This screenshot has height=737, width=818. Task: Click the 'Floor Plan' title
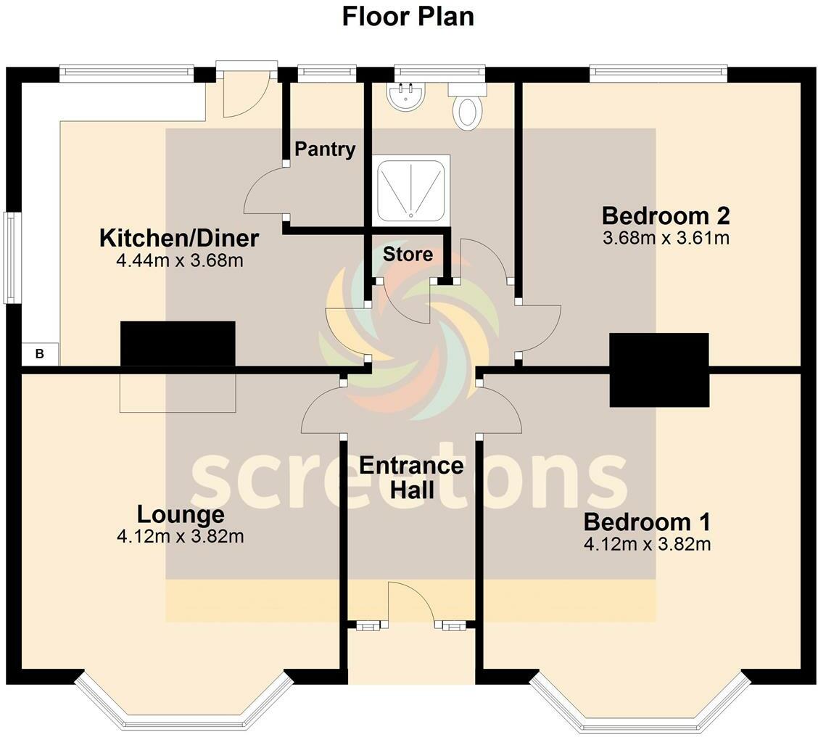point(408,16)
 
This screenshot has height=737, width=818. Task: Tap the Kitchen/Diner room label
point(179,238)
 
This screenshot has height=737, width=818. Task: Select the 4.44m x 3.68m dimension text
point(179,260)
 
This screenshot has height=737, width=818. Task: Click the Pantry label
point(325,149)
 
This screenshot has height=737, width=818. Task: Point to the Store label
point(408,255)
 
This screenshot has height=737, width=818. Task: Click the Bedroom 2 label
point(665,216)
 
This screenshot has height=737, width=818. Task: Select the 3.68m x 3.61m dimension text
point(665,238)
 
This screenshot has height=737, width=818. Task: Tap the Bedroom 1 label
point(647,522)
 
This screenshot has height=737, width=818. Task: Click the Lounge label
point(181,514)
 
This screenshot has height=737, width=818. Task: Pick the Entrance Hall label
point(411,477)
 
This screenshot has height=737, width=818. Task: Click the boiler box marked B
point(40,355)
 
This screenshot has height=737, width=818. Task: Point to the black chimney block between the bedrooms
point(658,369)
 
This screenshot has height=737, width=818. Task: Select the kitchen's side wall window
point(9,258)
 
